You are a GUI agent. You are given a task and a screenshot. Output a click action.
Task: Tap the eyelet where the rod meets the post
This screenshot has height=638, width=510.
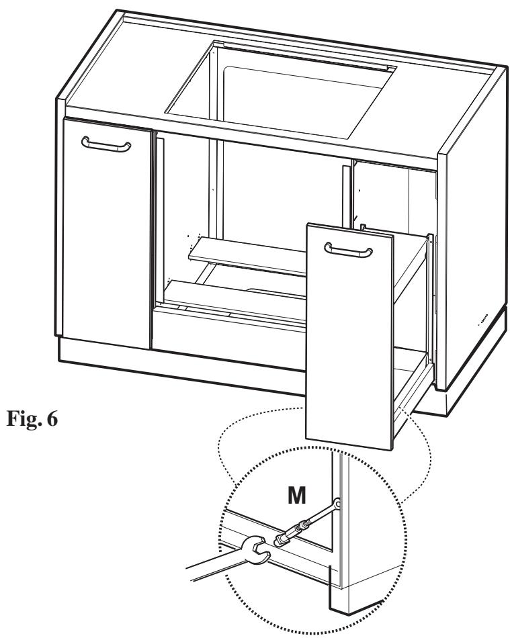click(x=337, y=503)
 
